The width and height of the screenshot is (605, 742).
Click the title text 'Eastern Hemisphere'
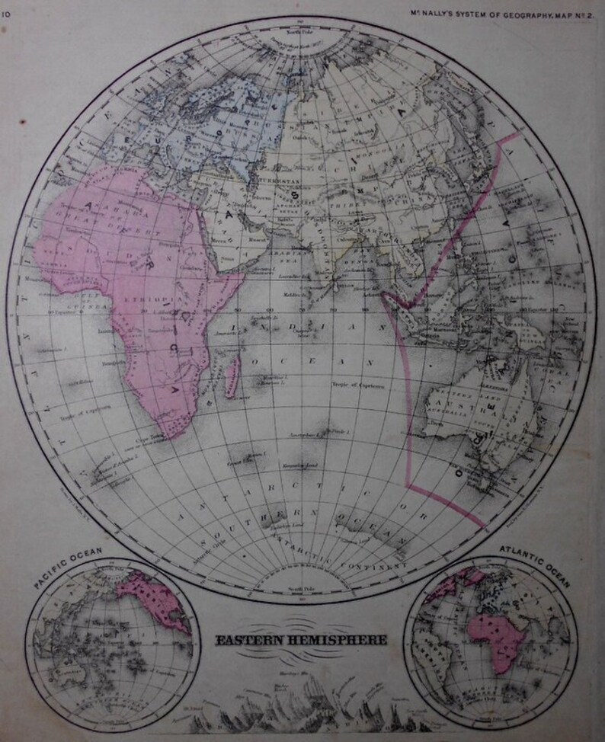coord(301,640)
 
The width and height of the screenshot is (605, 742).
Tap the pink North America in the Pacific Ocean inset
coord(156,598)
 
